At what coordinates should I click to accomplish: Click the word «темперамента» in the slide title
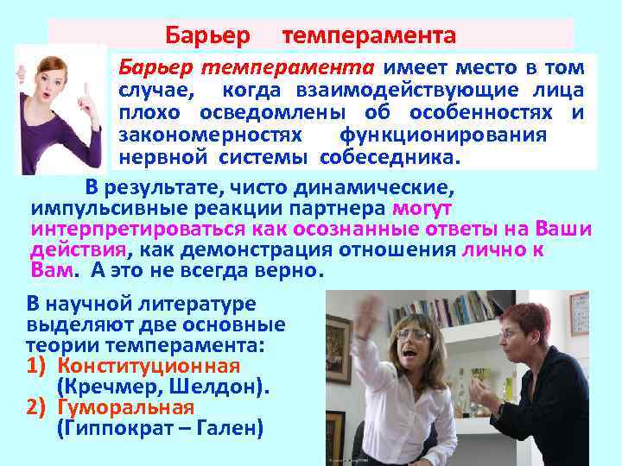point(369,36)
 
